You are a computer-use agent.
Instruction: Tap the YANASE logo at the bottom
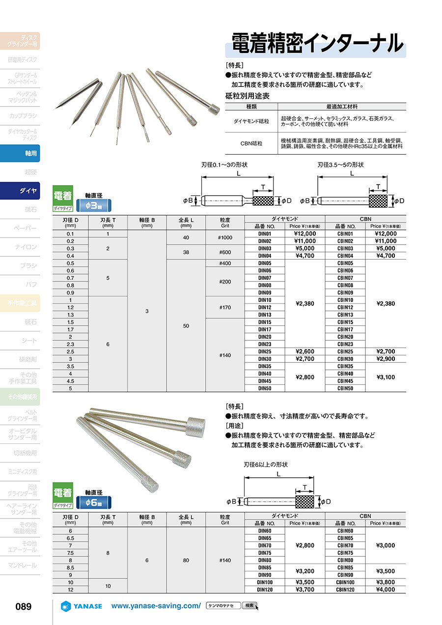81,606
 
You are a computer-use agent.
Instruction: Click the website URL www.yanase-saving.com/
156,606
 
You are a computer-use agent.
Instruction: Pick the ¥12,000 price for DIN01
305,234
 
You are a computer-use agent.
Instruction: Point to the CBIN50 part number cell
345,388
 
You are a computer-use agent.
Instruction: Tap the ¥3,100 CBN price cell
386,377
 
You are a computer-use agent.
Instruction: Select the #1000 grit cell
225,238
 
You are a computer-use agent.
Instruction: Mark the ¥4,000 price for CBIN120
386,590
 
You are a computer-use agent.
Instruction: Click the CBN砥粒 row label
251,144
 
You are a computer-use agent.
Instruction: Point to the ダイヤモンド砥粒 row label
251,119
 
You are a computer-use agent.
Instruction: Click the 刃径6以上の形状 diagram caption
265,464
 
